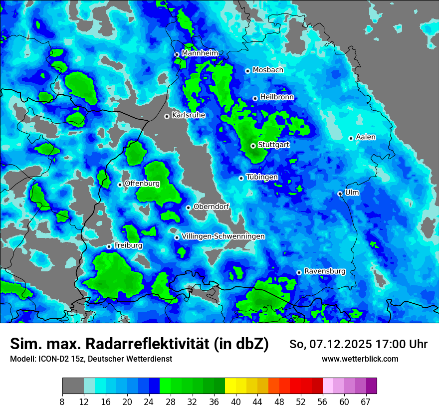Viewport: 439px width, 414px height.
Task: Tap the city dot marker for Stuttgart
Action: [253, 146]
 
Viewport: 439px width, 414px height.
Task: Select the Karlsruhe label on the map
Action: [189, 115]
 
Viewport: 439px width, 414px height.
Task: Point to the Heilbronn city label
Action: [277, 97]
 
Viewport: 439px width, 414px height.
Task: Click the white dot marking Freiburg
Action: [109, 246]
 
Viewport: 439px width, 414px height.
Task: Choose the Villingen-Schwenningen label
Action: [223, 236]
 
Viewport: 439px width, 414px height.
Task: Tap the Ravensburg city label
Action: [325, 271]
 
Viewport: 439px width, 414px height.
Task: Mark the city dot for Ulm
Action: [340, 194]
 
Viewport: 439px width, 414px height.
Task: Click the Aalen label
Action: [366, 137]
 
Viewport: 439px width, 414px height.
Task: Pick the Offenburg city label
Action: [142, 184]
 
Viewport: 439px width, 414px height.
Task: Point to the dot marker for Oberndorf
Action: [188, 207]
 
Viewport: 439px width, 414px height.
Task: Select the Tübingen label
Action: [262, 177]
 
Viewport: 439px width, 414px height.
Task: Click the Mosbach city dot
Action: [247, 71]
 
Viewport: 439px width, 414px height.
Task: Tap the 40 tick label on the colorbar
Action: [236, 402]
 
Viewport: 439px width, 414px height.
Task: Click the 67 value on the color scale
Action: [366, 402]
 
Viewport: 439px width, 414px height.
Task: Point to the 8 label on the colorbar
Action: [63, 402]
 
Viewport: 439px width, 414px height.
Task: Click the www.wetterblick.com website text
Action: [360, 359]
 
